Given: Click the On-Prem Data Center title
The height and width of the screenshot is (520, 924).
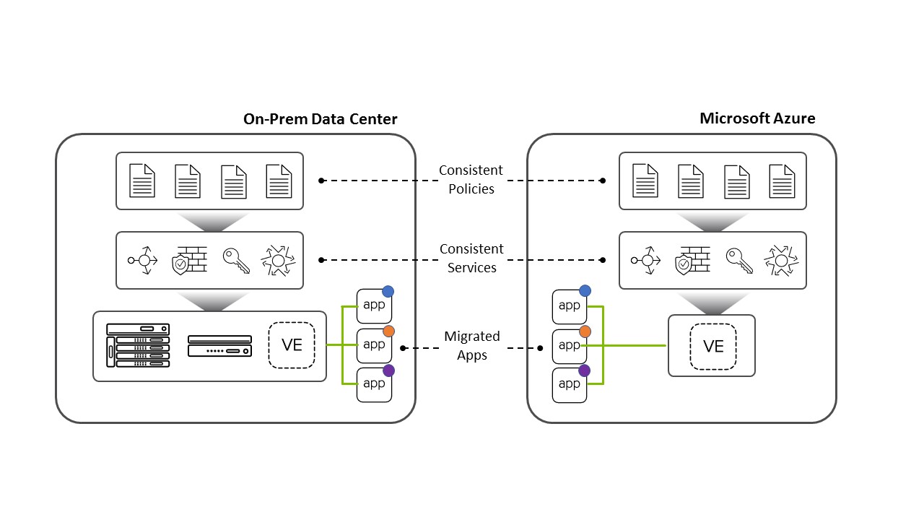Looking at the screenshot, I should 320,119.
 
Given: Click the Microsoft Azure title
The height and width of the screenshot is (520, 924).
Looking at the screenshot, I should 757,118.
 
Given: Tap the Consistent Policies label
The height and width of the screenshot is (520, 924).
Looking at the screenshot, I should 471,180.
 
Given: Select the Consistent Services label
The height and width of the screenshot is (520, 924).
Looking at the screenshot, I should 471,259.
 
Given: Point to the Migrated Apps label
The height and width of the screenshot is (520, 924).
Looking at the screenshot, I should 472,346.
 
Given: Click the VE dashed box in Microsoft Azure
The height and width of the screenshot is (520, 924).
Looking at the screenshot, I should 712,346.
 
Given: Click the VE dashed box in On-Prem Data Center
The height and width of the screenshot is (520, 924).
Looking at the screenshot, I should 292,344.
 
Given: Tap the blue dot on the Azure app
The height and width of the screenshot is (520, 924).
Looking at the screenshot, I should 585,291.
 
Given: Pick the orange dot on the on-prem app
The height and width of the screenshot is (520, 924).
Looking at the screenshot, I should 388,331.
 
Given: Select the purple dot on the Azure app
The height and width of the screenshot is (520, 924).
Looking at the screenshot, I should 585,370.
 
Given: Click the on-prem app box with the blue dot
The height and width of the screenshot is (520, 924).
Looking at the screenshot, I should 374,305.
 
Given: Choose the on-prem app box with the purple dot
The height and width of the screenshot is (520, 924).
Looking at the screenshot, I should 374,384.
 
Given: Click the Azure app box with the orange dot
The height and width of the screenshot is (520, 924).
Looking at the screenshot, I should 570,346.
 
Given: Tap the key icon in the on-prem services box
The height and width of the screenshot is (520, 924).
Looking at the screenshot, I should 236,261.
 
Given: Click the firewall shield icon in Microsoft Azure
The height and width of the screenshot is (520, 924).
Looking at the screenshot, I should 692,261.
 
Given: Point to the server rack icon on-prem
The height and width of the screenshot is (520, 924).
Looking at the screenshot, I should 138,345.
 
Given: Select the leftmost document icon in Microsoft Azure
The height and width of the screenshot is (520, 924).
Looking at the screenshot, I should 645,181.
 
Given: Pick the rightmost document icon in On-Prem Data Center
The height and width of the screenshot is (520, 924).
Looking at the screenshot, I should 279,181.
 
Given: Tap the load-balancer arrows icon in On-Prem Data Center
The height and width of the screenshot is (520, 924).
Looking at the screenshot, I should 142,261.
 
